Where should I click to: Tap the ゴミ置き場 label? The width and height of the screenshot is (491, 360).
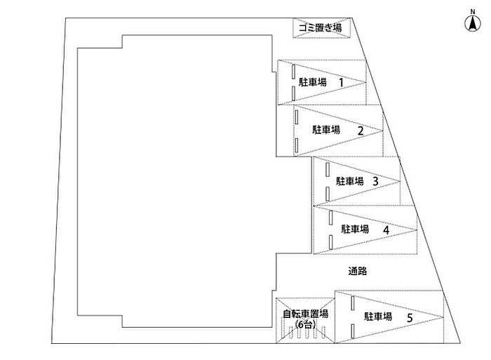click(x=319, y=28)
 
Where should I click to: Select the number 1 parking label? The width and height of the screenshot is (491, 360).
click(x=341, y=82)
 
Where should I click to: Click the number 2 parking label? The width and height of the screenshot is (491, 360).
click(x=360, y=130)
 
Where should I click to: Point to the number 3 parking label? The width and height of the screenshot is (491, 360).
click(x=375, y=180)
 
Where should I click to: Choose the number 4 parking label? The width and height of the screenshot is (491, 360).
click(x=386, y=229)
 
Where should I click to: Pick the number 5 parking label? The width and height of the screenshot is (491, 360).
click(x=410, y=317)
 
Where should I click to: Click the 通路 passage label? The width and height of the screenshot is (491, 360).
click(x=358, y=270)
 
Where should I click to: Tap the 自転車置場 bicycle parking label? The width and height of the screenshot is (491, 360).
click(x=306, y=314)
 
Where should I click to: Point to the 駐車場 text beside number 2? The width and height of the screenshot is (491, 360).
click(x=326, y=130)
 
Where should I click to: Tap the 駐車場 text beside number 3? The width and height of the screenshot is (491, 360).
click(x=349, y=181)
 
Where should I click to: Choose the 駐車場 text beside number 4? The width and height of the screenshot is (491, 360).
click(x=355, y=229)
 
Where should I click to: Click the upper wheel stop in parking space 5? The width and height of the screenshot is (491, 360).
click(x=353, y=303)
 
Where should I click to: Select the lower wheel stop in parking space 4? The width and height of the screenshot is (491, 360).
click(x=330, y=243)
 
